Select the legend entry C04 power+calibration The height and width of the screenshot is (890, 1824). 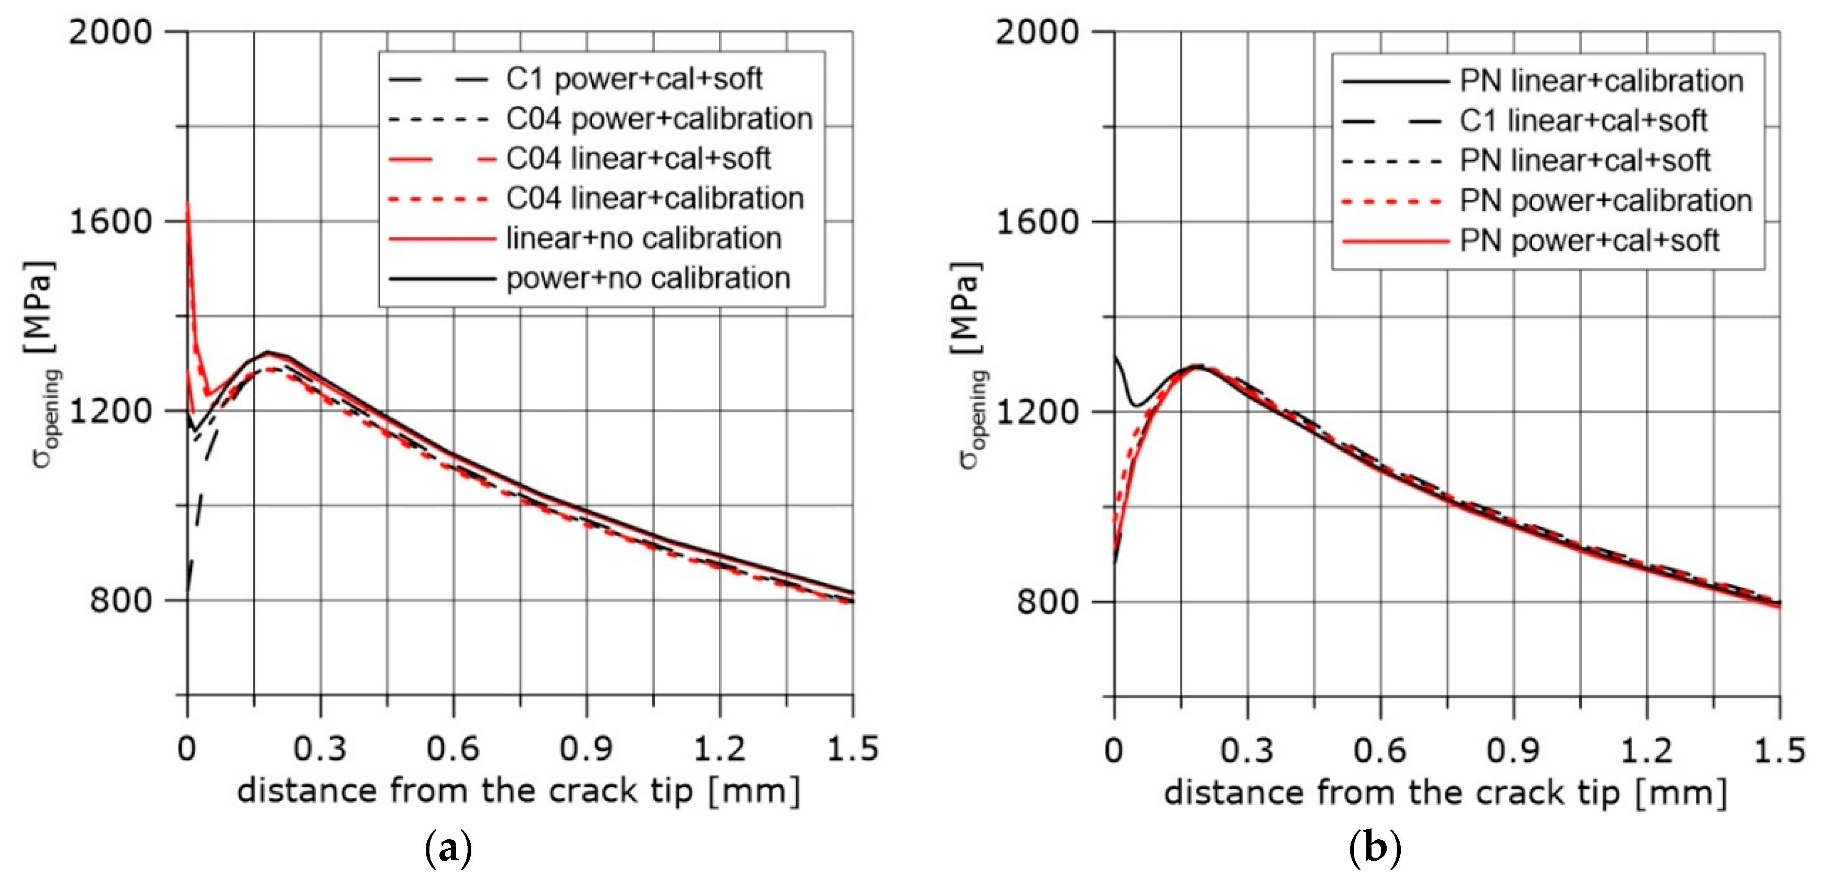[659, 119]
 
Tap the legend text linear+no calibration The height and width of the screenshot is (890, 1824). [643, 238]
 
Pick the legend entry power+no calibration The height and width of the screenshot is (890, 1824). [648, 278]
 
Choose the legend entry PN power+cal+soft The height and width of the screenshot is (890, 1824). [1589, 241]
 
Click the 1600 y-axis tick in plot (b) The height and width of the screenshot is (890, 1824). [1037, 222]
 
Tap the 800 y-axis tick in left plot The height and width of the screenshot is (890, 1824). [121, 600]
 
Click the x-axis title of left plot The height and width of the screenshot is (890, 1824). [518, 791]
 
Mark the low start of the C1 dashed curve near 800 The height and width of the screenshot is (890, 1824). [188, 588]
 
